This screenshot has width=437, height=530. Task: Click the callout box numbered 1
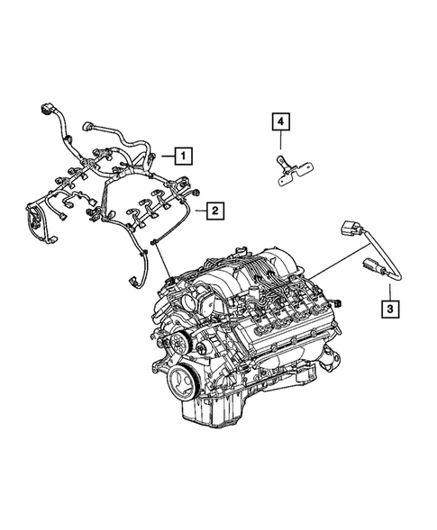click(182, 157)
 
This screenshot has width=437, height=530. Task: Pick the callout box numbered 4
click(279, 121)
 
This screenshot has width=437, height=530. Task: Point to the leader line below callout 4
click(279, 143)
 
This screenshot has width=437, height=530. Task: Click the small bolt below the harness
click(155, 238)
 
